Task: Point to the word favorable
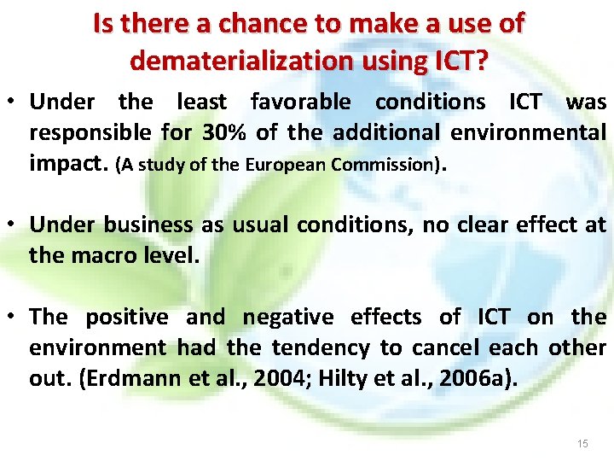click(300, 102)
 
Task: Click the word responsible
click(90, 132)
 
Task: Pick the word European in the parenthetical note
click(287, 165)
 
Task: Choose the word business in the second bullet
click(149, 225)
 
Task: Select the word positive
click(127, 317)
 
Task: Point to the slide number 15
click(582, 443)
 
